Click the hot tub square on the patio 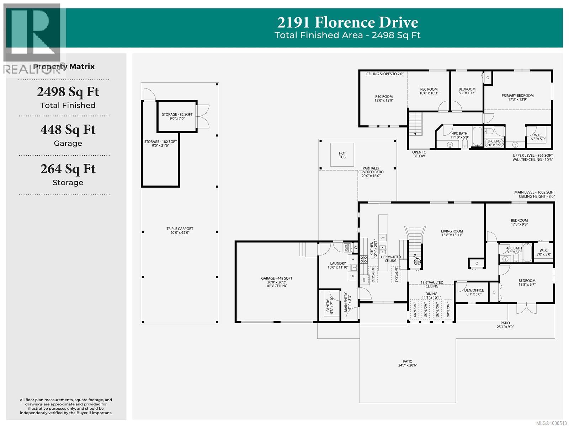pos(342,155)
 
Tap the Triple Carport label pos(180,231)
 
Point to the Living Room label pos(452,233)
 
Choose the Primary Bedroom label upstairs pos(517,97)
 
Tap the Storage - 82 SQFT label pos(177,116)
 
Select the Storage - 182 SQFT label pos(160,144)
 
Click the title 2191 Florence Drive pos(347,22)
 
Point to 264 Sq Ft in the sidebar pos(68,169)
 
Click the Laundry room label pos(337,265)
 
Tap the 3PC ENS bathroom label pos(493,143)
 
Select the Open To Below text pos(419,154)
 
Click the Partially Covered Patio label pos(371,172)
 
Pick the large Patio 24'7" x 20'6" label pos(408,363)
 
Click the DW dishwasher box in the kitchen pos(383,237)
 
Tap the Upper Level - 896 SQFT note pos(532,157)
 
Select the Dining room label pos(431,296)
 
